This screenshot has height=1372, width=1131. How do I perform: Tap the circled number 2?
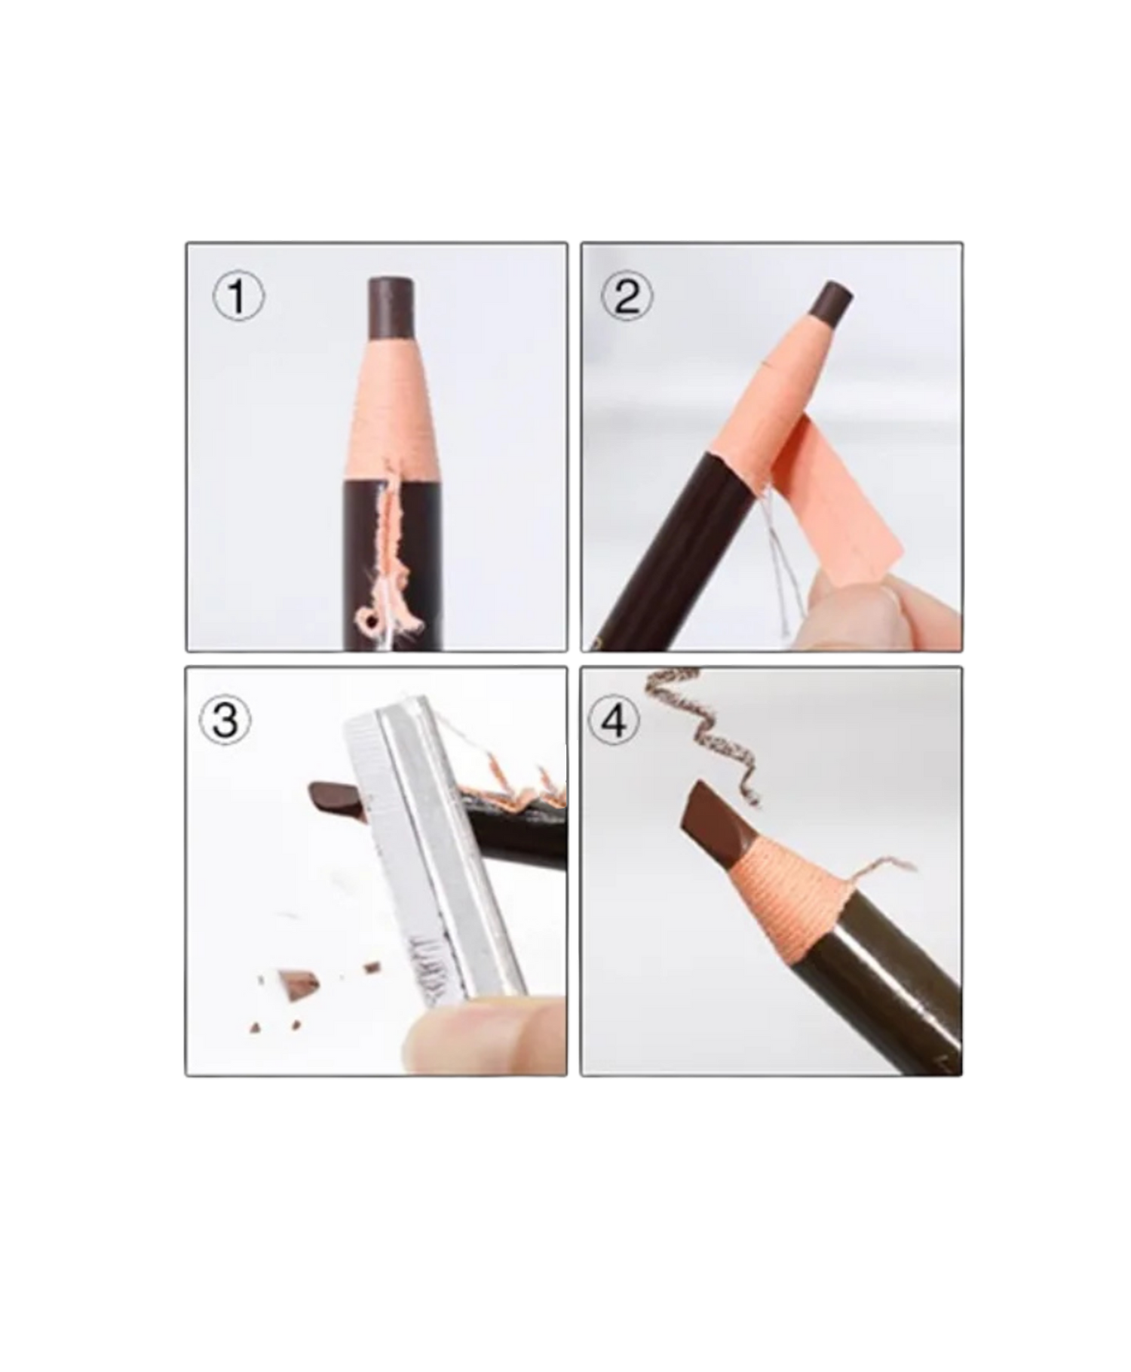click(627, 296)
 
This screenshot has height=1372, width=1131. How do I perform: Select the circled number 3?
click(225, 720)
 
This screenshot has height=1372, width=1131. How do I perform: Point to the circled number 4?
click(614, 720)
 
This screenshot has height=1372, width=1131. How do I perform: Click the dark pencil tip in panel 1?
click(391, 309)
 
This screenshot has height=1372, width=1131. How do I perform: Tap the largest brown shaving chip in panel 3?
click(297, 984)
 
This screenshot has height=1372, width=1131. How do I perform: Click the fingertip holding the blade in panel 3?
click(483, 1034)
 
